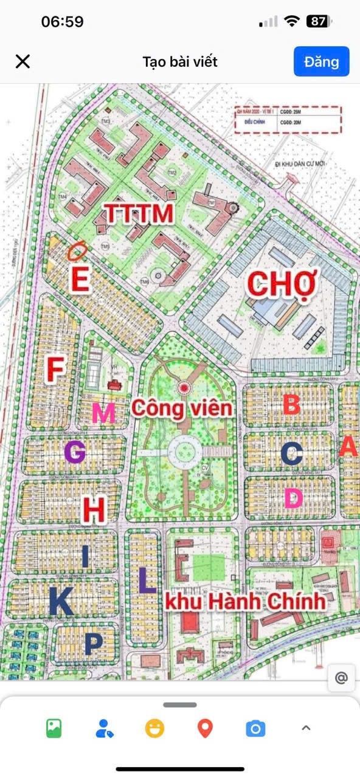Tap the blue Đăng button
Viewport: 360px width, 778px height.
[x=321, y=61]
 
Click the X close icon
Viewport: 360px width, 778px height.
[x=22, y=61]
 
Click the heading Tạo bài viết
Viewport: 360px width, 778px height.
[x=180, y=61]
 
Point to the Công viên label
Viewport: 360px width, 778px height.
[x=182, y=408]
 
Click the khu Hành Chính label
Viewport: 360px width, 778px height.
[x=245, y=602]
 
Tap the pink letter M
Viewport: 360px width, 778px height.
[x=103, y=414]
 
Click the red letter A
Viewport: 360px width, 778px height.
[x=348, y=447]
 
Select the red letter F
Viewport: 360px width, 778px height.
[x=55, y=370]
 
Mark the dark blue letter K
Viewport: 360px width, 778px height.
[x=61, y=602]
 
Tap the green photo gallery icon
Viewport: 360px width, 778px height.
[x=54, y=728]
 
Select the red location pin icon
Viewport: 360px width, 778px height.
[x=206, y=728]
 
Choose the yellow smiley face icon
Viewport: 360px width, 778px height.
[x=154, y=728]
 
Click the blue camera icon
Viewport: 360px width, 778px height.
[x=255, y=728]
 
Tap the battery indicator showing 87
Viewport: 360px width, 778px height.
[x=319, y=22]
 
